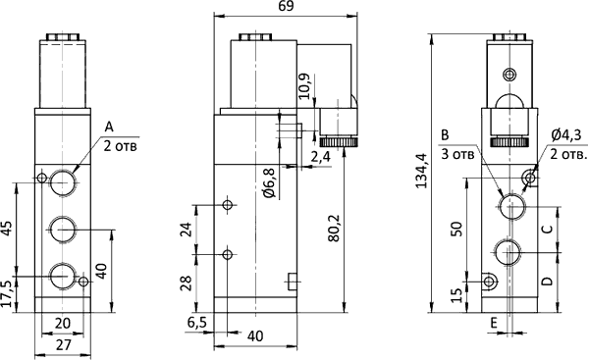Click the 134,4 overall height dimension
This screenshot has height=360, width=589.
[422, 171]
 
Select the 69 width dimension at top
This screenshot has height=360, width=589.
[287, 7]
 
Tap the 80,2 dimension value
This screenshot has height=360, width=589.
[334, 229]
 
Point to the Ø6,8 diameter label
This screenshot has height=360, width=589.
[270, 182]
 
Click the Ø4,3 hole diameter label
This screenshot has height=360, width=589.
[566, 134]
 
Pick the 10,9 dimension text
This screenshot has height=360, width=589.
[305, 86]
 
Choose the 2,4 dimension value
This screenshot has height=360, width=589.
[320, 157]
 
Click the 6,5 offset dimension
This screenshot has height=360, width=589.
[197, 323]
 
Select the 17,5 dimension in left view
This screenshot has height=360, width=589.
[7, 294]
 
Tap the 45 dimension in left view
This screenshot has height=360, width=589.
[7, 229]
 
